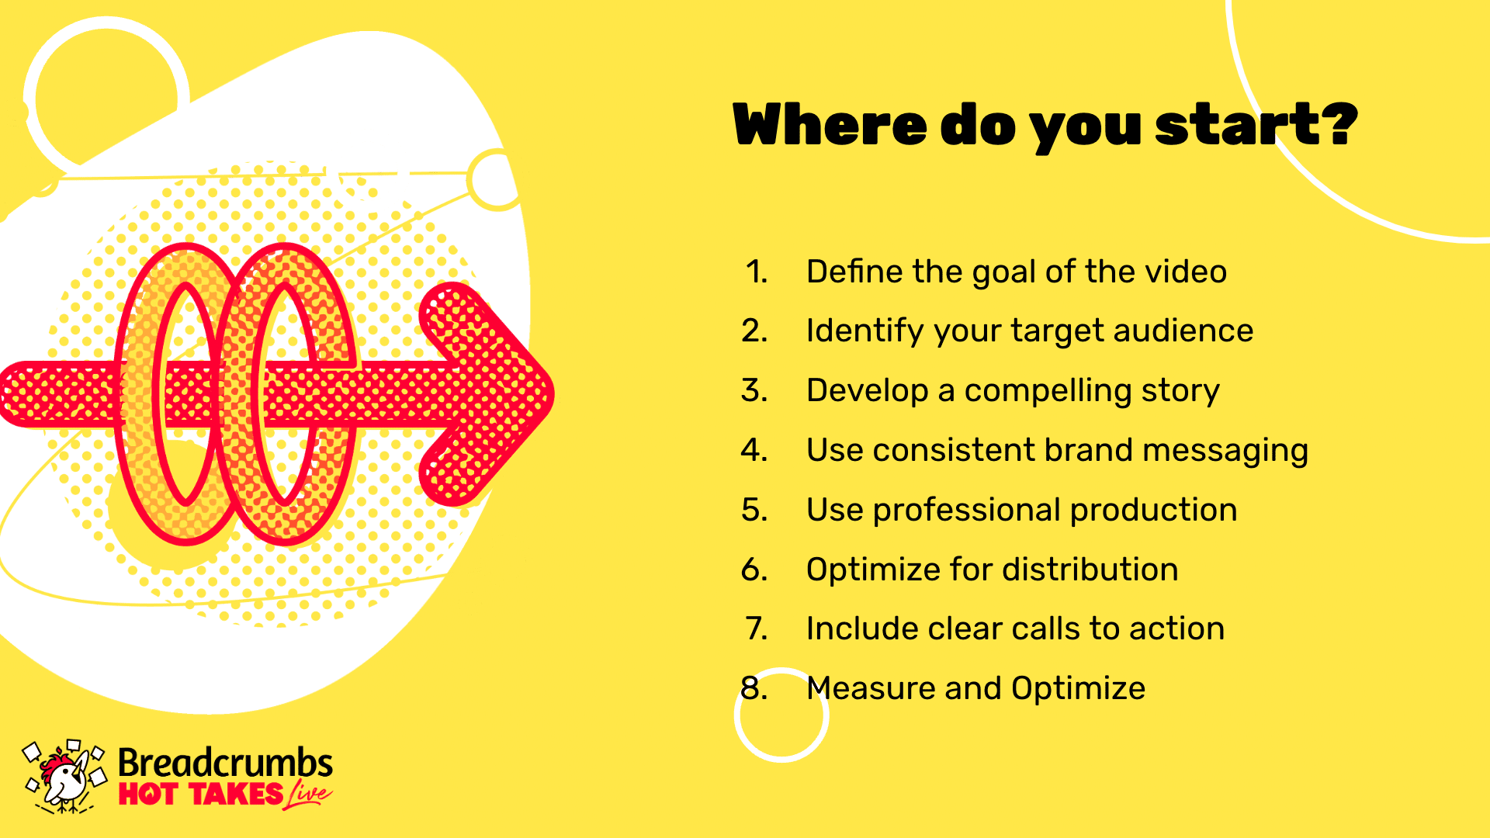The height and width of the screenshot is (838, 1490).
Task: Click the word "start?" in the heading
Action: click(1256, 124)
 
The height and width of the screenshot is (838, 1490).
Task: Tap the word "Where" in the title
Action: click(830, 124)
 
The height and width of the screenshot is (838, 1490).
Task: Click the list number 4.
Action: click(754, 450)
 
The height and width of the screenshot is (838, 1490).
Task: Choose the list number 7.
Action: click(757, 628)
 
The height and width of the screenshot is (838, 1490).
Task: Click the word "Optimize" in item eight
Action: click(1078, 689)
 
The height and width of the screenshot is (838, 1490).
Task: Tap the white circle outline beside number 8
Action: click(736, 715)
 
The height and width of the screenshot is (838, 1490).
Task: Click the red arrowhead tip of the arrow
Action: click(553, 393)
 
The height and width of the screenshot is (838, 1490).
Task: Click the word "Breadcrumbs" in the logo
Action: click(225, 763)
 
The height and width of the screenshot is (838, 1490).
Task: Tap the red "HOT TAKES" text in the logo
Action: click(201, 795)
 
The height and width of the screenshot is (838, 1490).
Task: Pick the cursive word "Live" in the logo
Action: click(308, 795)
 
